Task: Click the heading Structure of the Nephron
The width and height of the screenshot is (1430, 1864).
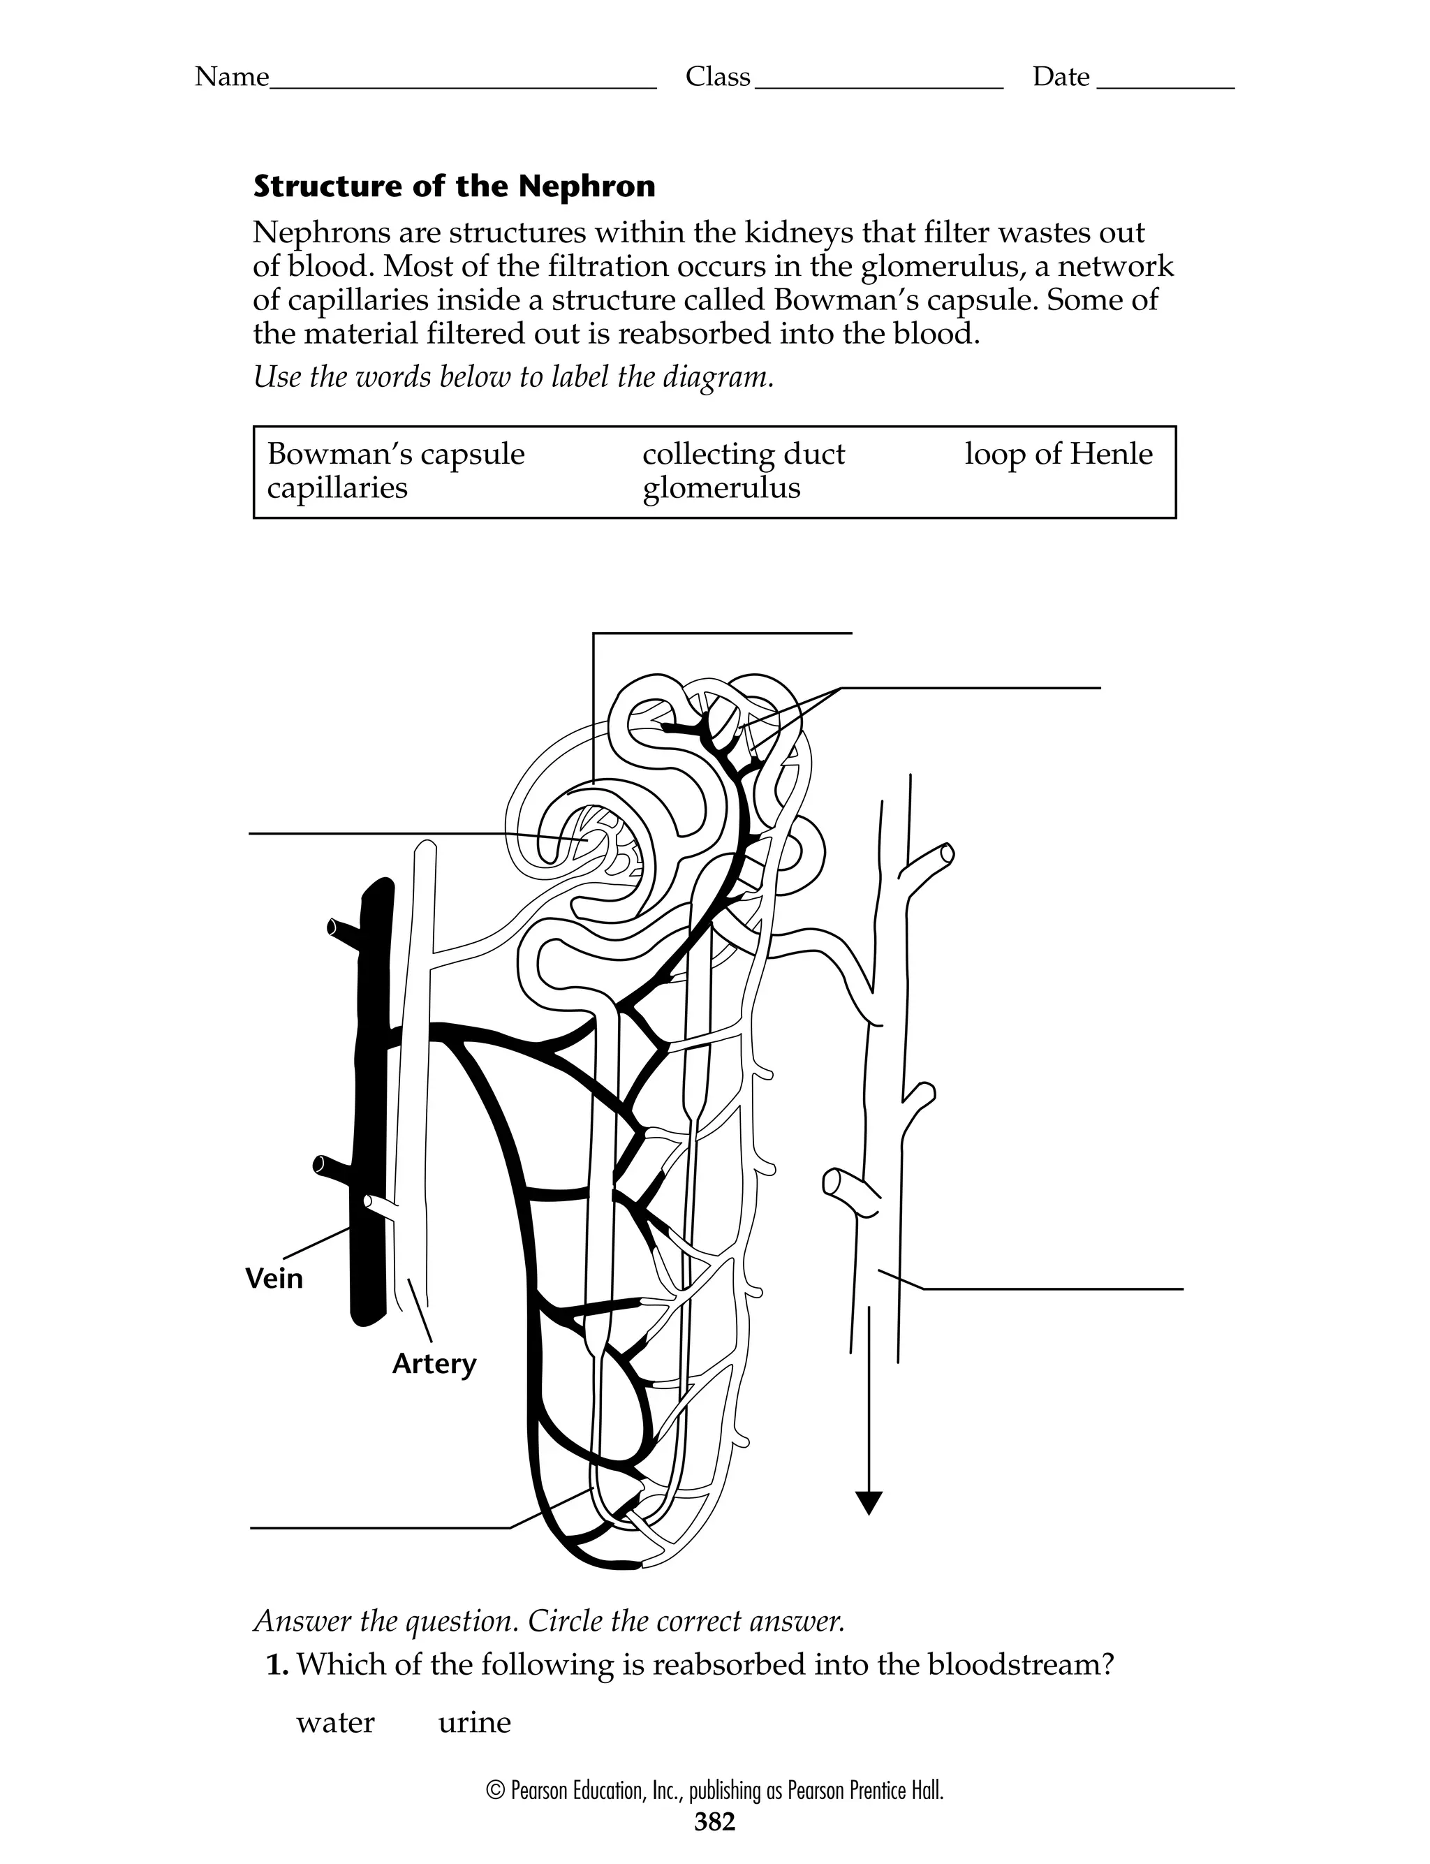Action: (x=454, y=186)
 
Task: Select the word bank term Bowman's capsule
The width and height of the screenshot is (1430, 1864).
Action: (x=396, y=455)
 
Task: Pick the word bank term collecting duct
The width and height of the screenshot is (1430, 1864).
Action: (x=743, y=455)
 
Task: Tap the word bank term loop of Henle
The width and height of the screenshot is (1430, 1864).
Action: (x=1058, y=455)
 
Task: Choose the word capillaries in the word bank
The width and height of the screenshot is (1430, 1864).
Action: (x=337, y=489)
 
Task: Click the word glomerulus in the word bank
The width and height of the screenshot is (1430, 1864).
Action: (x=721, y=489)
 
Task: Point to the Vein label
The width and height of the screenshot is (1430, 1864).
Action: (x=274, y=1279)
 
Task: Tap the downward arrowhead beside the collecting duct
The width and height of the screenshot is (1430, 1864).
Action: (x=867, y=1503)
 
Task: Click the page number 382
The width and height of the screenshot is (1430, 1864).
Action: (x=714, y=1821)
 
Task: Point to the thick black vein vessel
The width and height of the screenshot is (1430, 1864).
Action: (x=373, y=1106)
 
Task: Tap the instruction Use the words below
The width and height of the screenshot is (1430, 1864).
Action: (x=513, y=377)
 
